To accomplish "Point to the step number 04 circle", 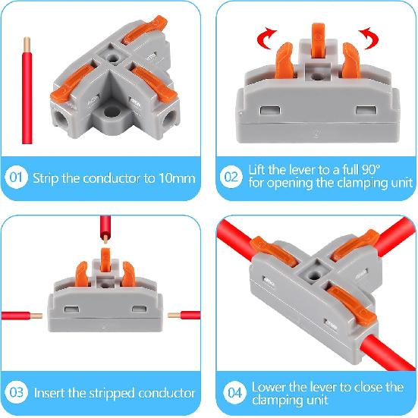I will pyautogui.click(x=234, y=393).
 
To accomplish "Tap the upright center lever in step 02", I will pyautogui.click(x=317, y=46).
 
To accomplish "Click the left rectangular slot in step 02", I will pyautogui.click(x=267, y=111).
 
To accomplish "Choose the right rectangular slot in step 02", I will pyautogui.click(x=367, y=111).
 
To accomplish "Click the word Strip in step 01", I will pyautogui.click(x=46, y=180).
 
